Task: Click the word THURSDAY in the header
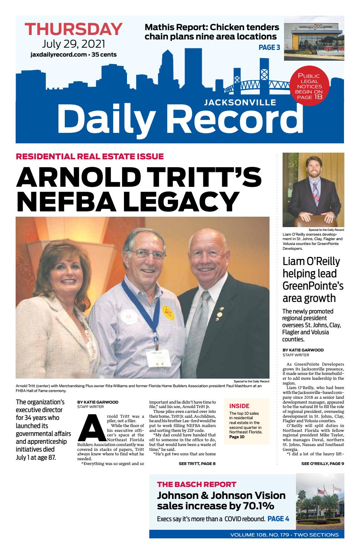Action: click(73, 29)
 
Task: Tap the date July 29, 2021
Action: click(73, 44)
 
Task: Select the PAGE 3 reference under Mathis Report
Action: click(269, 47)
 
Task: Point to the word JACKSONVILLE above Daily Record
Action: click(240, 102)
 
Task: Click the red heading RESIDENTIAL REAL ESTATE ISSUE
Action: click(90, 156)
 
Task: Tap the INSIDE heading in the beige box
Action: click(239, 406)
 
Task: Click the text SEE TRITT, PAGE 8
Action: click(197, 464)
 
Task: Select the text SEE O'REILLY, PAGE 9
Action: click(322, 464)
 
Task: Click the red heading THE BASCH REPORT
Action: click(197, 484)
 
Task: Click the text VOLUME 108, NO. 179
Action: click(261, 535)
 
